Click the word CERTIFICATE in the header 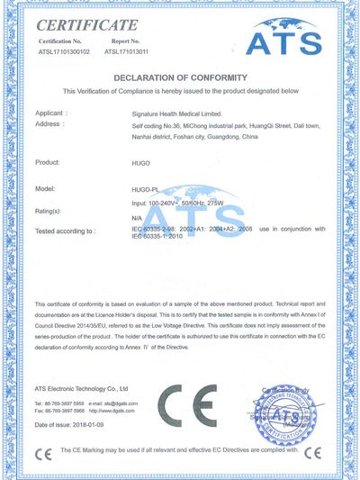click(x=86, y=24)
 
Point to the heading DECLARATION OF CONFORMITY click(x=179, y=77)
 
